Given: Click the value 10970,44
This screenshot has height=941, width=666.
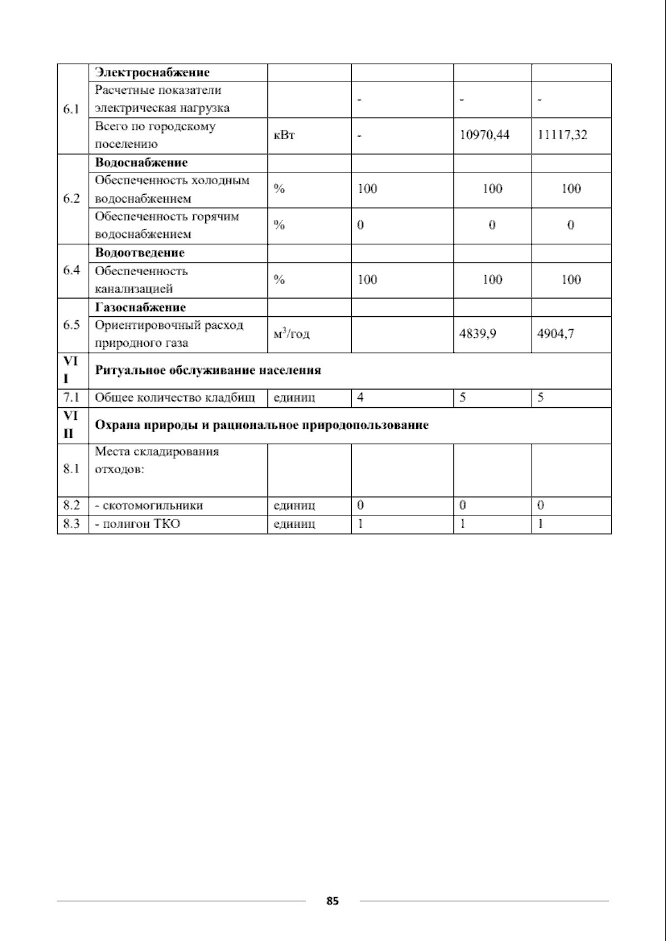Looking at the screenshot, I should coord(485,135).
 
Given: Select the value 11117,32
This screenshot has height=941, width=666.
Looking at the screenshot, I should coord(562,135).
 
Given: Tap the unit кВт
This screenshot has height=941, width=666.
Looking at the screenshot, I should coord(284,135).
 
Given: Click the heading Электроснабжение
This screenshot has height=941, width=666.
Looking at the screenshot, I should coord(152,73).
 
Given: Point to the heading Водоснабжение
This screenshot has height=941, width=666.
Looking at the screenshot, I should coord(142,163).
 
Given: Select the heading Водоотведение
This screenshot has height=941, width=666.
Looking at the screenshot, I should coord(140,253).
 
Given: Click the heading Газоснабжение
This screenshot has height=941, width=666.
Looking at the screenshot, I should coord(140,307).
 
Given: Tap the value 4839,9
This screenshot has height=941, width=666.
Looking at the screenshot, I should coord(478,333).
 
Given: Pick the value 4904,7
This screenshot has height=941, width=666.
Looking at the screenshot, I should coord(556,333).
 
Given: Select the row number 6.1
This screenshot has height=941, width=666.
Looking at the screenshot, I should coord(71,109).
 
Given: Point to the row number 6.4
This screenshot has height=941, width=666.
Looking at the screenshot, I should coord(71,270).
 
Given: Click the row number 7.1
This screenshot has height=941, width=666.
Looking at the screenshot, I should coord(71,398).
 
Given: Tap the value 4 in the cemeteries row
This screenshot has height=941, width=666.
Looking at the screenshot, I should coord(361,398).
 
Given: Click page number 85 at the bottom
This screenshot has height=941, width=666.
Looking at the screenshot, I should coord(332,901).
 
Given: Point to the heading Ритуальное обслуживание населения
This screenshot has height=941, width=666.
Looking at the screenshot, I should coord(208,371).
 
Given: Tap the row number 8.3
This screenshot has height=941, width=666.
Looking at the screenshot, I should coord(71,524).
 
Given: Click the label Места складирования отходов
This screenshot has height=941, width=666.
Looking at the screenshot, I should coord(157,460).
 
